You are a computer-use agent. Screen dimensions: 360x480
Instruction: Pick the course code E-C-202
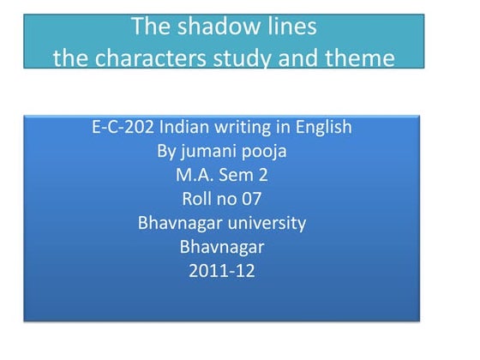coord(121,128)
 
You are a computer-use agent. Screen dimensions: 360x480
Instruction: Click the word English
coord(322,128)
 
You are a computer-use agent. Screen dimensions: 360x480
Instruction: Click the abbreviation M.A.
coord(194,177)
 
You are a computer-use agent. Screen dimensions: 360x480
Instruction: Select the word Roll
coord(199,201)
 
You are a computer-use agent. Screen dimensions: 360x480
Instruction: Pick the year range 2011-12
coord(222,273)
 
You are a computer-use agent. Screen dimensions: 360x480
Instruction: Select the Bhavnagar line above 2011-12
coord(222,249)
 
